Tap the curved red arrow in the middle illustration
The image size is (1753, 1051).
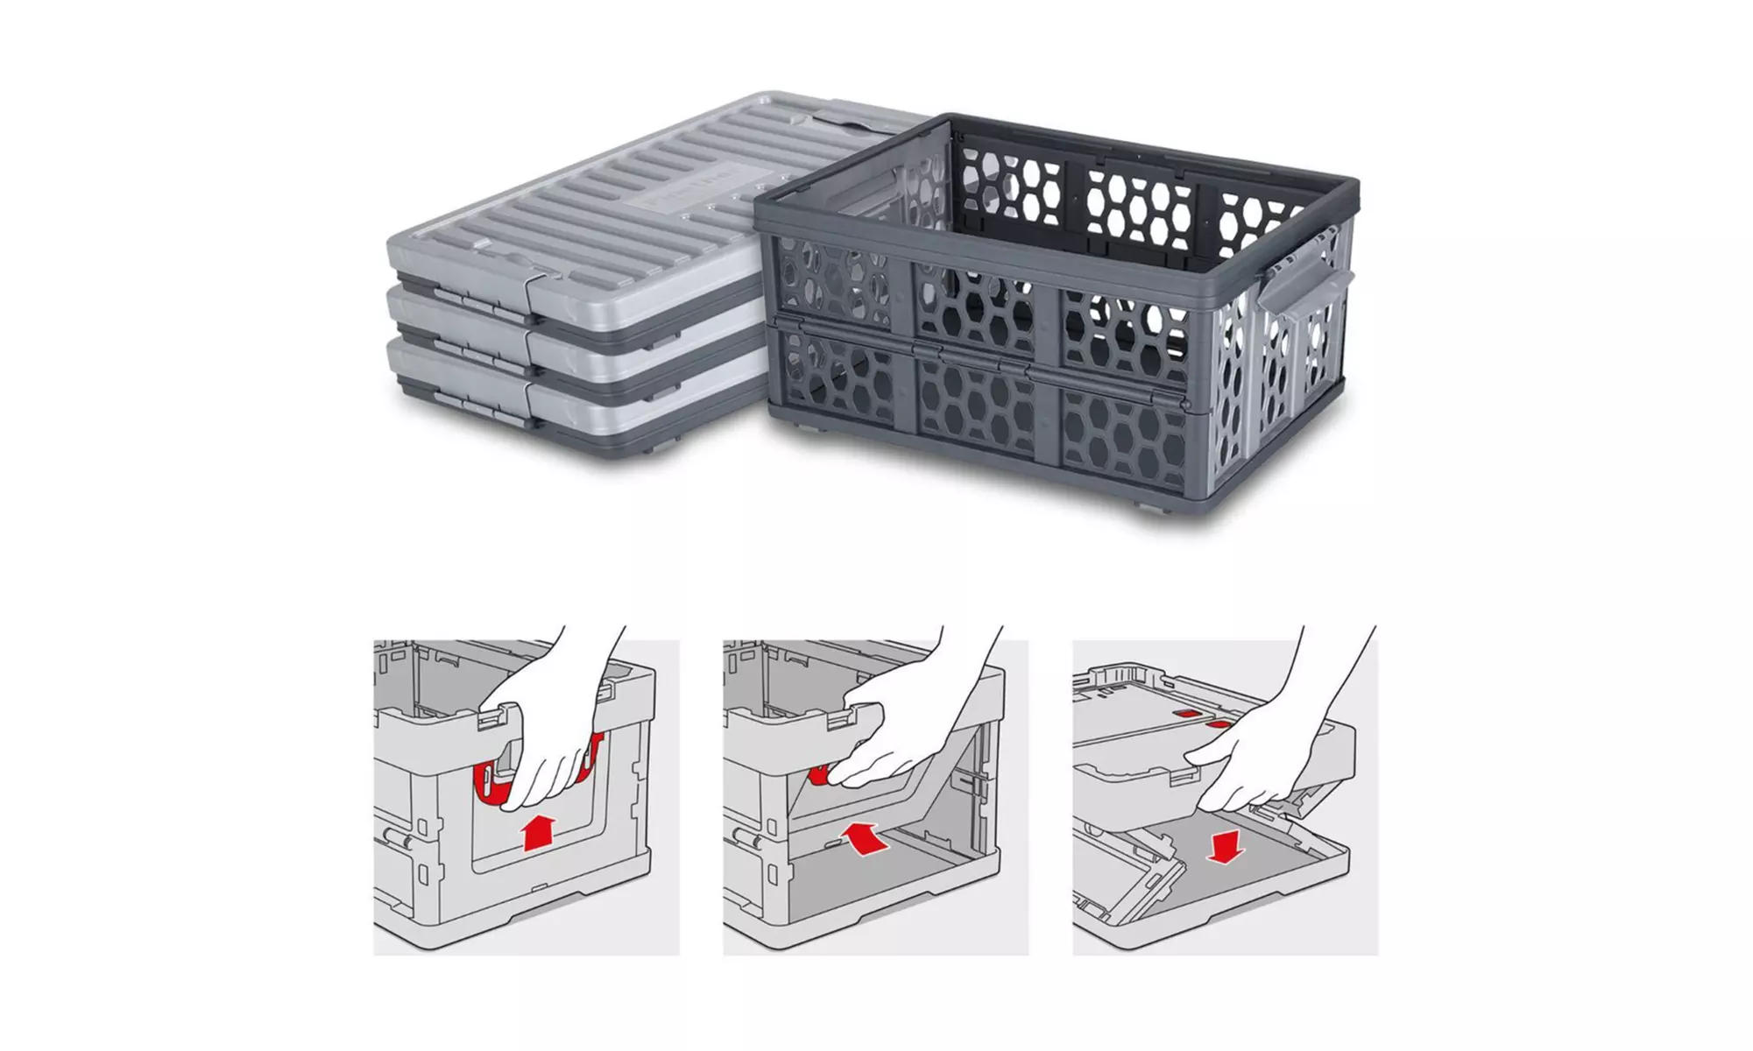pos(862,837)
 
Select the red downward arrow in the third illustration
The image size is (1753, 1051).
pos(1224,844)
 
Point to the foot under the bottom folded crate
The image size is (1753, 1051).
pos(653,447)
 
